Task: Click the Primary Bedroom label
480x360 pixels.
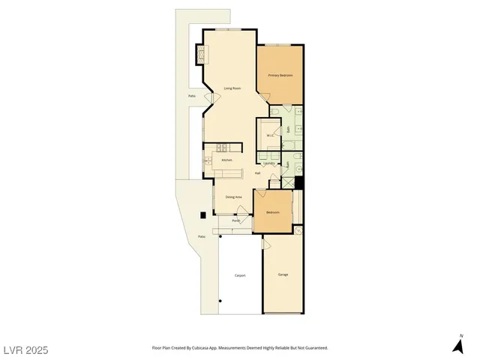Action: tap(280, 76)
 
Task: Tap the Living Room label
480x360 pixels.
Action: tap(232, 88)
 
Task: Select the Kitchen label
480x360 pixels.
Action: tap(226, 160)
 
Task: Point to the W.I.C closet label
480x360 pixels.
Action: tap(268, 136)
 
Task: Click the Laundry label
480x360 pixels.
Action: tap(268, 163)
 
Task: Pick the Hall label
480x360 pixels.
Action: tap(257, 173)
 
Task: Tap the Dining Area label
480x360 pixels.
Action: tap(233, 196)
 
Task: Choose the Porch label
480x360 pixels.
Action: tap(235, 220)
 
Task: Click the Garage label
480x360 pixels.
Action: tap(283, 274)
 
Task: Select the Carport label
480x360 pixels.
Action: tap(240, 275)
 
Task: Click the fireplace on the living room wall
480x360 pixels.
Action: tap(201, 55)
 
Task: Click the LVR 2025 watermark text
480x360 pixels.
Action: tap(26, 350)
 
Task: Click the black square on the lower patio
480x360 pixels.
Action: tap(202, 216)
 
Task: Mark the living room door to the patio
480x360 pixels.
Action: tap(213, 97)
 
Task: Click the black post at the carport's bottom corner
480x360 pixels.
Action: tap(220, 301)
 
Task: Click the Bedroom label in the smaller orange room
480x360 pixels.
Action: tap(272, 212)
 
